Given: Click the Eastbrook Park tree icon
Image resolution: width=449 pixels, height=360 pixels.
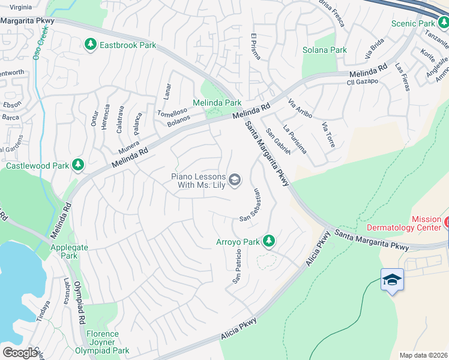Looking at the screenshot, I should pyautogui.click(x=90, y=45).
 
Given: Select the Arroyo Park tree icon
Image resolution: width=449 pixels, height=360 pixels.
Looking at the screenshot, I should pyautogui.click(x=269, y=241).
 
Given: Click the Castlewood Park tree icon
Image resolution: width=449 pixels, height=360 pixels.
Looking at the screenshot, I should pyautogui.click(x=77, y=164).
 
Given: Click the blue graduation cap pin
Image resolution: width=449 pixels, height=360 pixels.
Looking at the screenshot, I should pyautogui.click(x=392, y=280).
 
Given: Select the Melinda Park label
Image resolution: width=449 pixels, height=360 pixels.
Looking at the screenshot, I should pyautogui.click(x=217, y=103).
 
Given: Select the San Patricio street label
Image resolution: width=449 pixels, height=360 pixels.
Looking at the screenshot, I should pyautogui.click(x=237, y=268).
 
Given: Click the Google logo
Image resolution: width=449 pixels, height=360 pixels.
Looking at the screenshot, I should pyautogui.click(x=20, y=352).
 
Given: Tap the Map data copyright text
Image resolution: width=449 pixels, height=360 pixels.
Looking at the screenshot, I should pyautogui.click(x=423, y=355).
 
